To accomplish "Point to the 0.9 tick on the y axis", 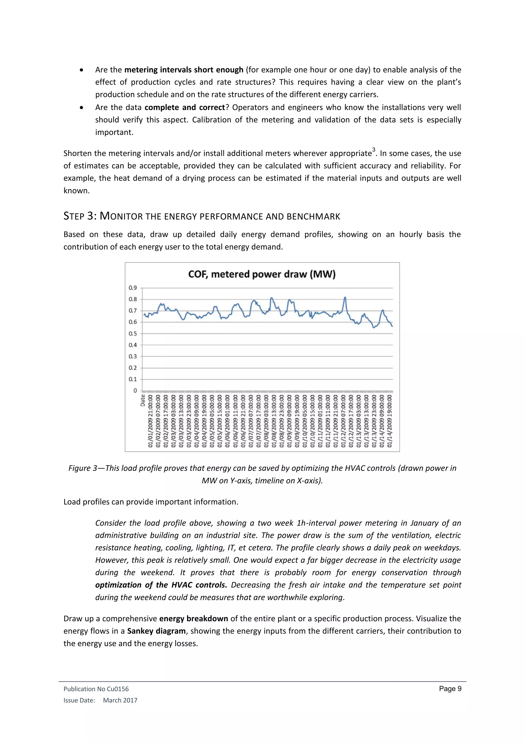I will pyautogui.click(x=133, y=288).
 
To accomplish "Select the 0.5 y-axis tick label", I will pyautogui.click(x=133, y=333).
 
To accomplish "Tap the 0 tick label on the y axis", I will pyautogui.click(x=135, y=390).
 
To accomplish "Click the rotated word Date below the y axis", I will pyautogui.click(x=143, y=400).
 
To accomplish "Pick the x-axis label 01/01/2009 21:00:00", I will pyautogui.click(x=150, y=421).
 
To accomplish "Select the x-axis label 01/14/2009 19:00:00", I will pyautogui.click(x=390, y=421).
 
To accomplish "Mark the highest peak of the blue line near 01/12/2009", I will pyautogui.click(x=345, y=297).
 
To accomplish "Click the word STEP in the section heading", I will pyautogui.click(x=74, y=216).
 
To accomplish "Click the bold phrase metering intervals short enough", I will pyautogui.click(x=184, y=70).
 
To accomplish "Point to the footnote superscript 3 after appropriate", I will pyautogui.click(x=374, y=150).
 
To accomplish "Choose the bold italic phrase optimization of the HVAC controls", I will pyautogui.click(x=161, y=585).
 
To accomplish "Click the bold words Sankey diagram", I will pyautogui.click(x=156, y=631).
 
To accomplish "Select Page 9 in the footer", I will pyautogui.click(x=450, y=689).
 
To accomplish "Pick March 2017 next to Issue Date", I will pyautogui.click(x=120, y=700).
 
